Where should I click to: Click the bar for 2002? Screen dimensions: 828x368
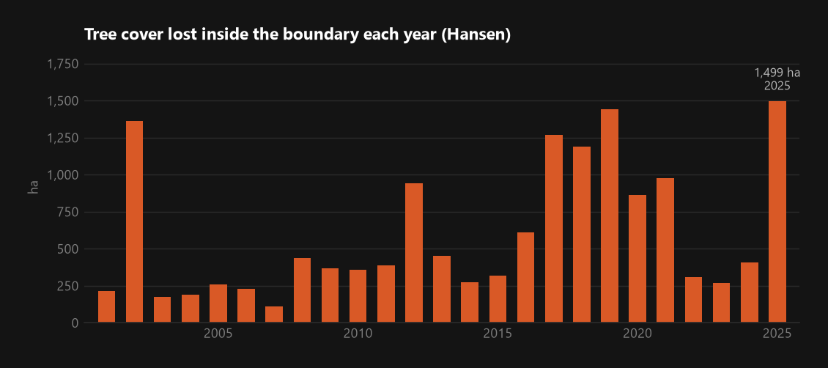tap(134, 221)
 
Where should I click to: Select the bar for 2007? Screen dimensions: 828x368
tap(274, 314)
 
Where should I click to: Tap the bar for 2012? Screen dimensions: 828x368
tap(414, 253)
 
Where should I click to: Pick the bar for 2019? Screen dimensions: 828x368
tap(610, 216)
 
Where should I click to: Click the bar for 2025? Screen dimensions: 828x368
tap(777, 212)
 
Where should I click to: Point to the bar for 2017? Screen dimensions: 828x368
tap(554, 229)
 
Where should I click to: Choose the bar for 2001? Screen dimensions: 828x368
tap(107, 306)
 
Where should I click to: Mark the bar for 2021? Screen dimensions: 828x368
tap(665, 250)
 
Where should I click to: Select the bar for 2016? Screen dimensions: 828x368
tap(526, 277)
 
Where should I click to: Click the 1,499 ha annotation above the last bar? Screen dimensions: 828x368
tap(777, 73)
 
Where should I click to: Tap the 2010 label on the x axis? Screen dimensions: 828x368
tap(358, 334)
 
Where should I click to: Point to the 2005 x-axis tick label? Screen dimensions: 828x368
tap(218, 334)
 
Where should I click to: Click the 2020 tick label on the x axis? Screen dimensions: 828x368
tap(637, 334)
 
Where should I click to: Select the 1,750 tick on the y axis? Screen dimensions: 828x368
tap(63, 65)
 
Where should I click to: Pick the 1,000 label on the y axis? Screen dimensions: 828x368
tap(63, 175)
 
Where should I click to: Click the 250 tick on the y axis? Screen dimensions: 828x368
tap(68, 286)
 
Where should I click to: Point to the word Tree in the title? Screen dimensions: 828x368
tap(97, 35)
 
